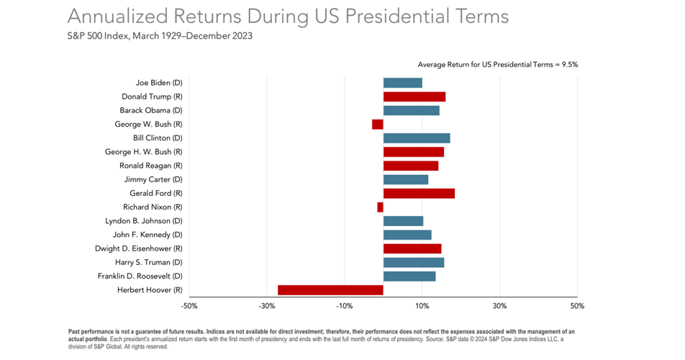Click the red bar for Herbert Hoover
pyautogui.click(x=330, y=290)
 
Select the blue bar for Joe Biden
pyautogui.click(x=402, y=83)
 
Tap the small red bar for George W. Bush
pyautogui.click(x=378, y=125)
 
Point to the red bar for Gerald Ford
pyautogui.click(x=419, y=194)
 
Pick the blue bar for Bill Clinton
pyautogui.click(x=417, y=138)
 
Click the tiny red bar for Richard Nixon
pyautogui.click(x=380, y=207)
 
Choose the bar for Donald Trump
pyautogui.click(x=414, y=96)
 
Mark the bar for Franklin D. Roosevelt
pyautogui.click(x=409, y=276)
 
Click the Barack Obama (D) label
pyautogui.click(x=150, y=111)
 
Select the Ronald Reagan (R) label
pyautogui.click(x=150, y=166)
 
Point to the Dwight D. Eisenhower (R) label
pyautogui.click(x=138, y=249)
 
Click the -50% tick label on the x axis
pyautogui.click(x=189, y=307)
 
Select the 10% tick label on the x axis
pyautogui.click(x=422, y=307)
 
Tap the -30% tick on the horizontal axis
pyautogui.click(x=267, y=307)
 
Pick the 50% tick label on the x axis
pyautogui.click(x=577, y=307)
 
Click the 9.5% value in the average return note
pyautogui.click(x=568, y=65)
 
